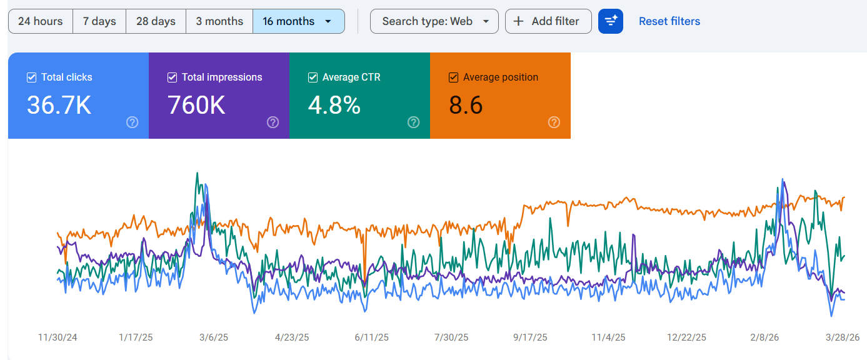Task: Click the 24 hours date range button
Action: pos(41,21)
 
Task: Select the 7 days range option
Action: pos(99,21)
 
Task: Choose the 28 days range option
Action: pos(156,21)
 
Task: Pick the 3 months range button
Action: pos(219,21)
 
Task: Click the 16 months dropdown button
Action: pos(298,21)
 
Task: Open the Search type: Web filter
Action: pos(434,21)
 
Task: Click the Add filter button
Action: pos(548,21)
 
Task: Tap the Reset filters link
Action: pos(669,21)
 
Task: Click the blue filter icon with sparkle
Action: pos(610,21)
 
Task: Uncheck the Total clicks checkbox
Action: pos(32,77)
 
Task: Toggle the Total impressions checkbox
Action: pos(173,77)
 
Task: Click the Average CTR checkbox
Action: pos(313,77)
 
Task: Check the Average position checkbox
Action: pos(453,77)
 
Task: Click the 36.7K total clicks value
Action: pos(59,105)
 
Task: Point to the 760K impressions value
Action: pos(196,105)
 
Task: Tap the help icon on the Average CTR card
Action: pos(413,122)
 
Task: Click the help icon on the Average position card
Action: pos(554,122)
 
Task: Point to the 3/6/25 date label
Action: pos(214,337)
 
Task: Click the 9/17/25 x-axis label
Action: pos(530,337)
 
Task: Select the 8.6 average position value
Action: pos(466,105)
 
